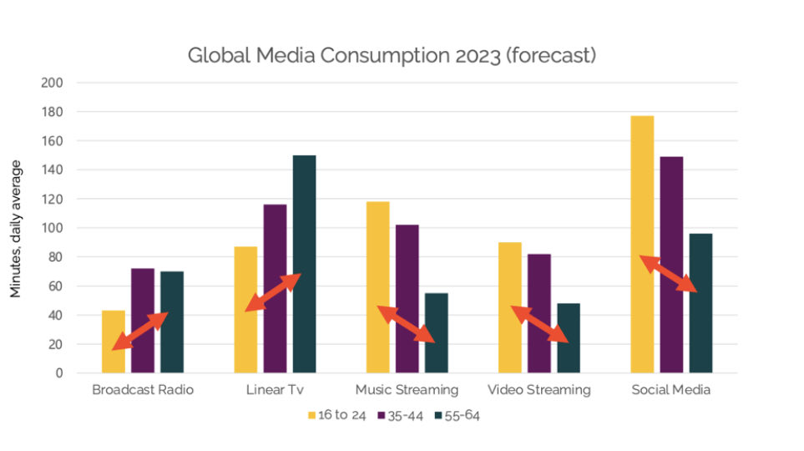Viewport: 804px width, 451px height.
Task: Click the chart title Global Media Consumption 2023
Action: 391,56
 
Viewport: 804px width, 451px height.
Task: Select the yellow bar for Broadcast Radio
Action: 114,342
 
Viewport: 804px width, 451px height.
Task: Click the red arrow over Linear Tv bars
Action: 273,292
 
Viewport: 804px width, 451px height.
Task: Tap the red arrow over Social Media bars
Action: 669,274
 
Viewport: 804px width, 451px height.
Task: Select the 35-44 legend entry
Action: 401,414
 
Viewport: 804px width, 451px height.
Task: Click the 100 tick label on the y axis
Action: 53,228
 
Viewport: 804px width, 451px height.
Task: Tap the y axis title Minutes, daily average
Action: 16,228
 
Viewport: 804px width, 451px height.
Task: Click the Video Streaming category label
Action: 539,390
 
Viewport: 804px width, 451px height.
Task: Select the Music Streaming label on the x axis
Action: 407,390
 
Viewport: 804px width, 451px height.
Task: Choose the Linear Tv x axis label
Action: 276,390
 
